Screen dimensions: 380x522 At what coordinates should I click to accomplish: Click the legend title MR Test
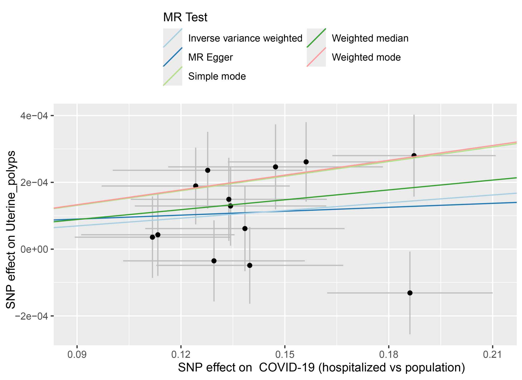pos(185,17)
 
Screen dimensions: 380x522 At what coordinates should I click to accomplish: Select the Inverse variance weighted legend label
pos(245,38)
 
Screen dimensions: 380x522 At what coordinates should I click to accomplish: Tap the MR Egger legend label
pos(210,57)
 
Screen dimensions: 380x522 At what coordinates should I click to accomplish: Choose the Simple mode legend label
pos(217,77)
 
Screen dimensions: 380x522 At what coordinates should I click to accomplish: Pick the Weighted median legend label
pos(370,38)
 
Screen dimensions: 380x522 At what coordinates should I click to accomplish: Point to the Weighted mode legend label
pos(366,57)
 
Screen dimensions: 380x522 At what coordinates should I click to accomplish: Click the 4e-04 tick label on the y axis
pos(34,116)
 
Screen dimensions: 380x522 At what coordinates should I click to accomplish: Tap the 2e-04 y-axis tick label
pos(34,183)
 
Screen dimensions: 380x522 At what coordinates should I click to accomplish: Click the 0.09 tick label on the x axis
pos(77,355)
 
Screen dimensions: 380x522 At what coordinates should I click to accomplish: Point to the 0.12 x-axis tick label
pos(181,355)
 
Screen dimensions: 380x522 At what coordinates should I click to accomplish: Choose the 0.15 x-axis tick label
pos(284,355)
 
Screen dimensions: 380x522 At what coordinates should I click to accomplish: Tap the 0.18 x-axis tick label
pos(389,355)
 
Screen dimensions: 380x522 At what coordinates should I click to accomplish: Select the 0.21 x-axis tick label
pos(492,355)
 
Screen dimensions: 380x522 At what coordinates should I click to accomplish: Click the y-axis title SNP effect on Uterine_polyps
pos(11,230)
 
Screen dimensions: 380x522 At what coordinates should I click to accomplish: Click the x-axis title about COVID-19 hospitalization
pos(321,368)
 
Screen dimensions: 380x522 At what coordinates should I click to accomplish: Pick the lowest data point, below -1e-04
pos(410,293)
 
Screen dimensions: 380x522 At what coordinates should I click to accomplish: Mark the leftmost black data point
pos(152,237)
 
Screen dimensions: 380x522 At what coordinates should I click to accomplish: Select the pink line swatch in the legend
pos(316,57)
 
